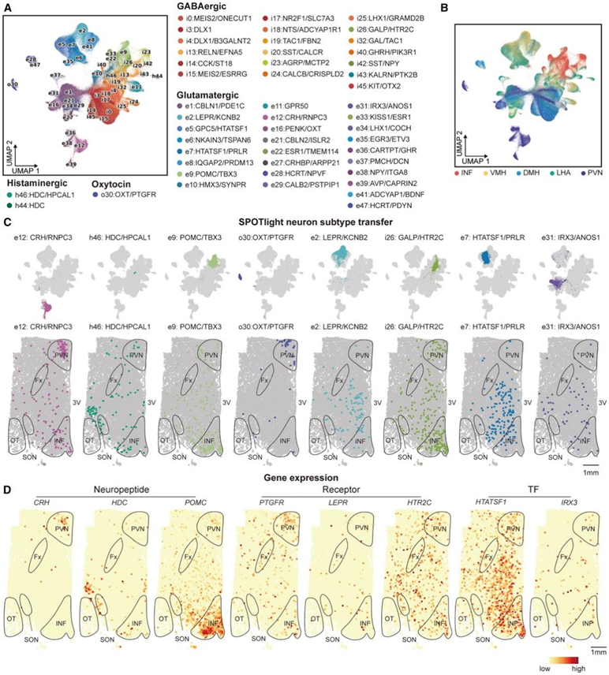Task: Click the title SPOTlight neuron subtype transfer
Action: click(304, 222)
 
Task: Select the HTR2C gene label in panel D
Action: click(411, 502)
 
